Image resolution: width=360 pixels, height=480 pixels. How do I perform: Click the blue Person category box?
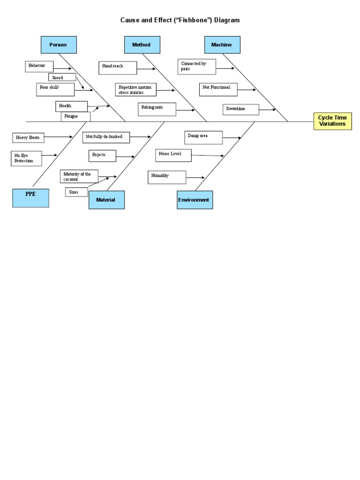tap(59, 45)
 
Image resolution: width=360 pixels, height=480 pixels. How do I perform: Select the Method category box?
tap(142, 45)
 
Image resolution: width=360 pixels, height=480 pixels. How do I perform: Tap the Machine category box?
tap(222, 45)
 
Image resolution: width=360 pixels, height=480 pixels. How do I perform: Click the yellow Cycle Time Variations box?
tap(332, 121)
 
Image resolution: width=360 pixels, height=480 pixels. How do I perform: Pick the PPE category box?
tap(30, 198)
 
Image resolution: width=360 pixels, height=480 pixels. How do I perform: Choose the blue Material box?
tap(106, 200)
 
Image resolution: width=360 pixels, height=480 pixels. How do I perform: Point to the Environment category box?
tap(195, 200)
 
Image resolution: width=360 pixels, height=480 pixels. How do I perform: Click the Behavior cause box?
tap(39, 67)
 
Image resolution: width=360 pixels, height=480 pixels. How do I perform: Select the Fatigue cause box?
tap(75, 116)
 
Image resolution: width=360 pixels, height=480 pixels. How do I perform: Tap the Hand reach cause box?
tap(118, 67)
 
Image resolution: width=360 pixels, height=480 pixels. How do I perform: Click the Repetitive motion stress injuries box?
tap(136, 90)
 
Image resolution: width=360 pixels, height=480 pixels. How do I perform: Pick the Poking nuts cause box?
tap(157, 109)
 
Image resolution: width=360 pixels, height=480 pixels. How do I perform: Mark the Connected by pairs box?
tap(196, 67)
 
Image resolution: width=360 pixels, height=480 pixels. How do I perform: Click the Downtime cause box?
tap(240, 109)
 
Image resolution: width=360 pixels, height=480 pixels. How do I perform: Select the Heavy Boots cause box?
tap(28, 137)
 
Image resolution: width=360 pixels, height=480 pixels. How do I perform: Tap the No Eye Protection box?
tap(26, 158)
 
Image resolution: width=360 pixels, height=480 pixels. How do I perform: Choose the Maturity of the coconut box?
tap(80, 176)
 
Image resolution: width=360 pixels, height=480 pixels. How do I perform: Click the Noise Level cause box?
tap(173, 155)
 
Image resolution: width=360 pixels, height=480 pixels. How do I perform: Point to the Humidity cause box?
tap(167, 177)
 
